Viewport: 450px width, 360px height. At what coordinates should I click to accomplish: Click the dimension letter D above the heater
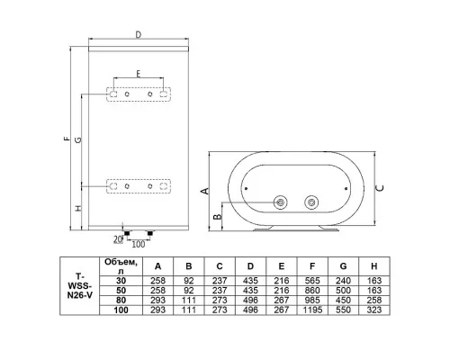click(x=138, y=35)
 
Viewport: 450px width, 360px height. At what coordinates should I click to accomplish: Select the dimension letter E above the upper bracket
click(x=139, y=74)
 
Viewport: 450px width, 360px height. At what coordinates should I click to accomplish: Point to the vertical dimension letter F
click(x=67, y=139)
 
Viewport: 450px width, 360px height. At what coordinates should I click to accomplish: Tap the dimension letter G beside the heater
click(x=77, y=139)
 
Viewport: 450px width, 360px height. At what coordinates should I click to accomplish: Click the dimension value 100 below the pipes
click(x=139, y=244)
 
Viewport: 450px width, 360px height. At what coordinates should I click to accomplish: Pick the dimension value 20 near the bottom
click(x=118, y=239)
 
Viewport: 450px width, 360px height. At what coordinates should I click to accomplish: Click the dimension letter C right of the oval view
click(x=380, y=188)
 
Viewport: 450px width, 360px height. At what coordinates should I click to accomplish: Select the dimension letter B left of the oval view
click(x=218, y=217)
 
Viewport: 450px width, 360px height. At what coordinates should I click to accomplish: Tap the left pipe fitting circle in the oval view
click(x=281, y=202)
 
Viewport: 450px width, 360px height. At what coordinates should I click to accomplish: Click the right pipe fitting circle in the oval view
click(x=311, y=202)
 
